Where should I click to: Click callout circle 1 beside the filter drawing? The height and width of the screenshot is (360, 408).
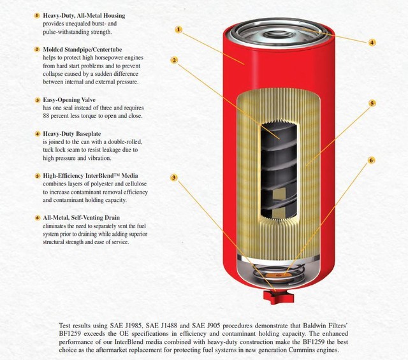click(178, 29)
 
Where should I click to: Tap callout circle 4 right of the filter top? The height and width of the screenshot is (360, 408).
click(372, 42)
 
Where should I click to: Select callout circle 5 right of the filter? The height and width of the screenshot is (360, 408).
click(372, 103)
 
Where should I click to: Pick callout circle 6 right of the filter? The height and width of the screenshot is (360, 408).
click(371, 161)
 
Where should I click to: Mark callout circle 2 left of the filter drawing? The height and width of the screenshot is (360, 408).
click(173, 61)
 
